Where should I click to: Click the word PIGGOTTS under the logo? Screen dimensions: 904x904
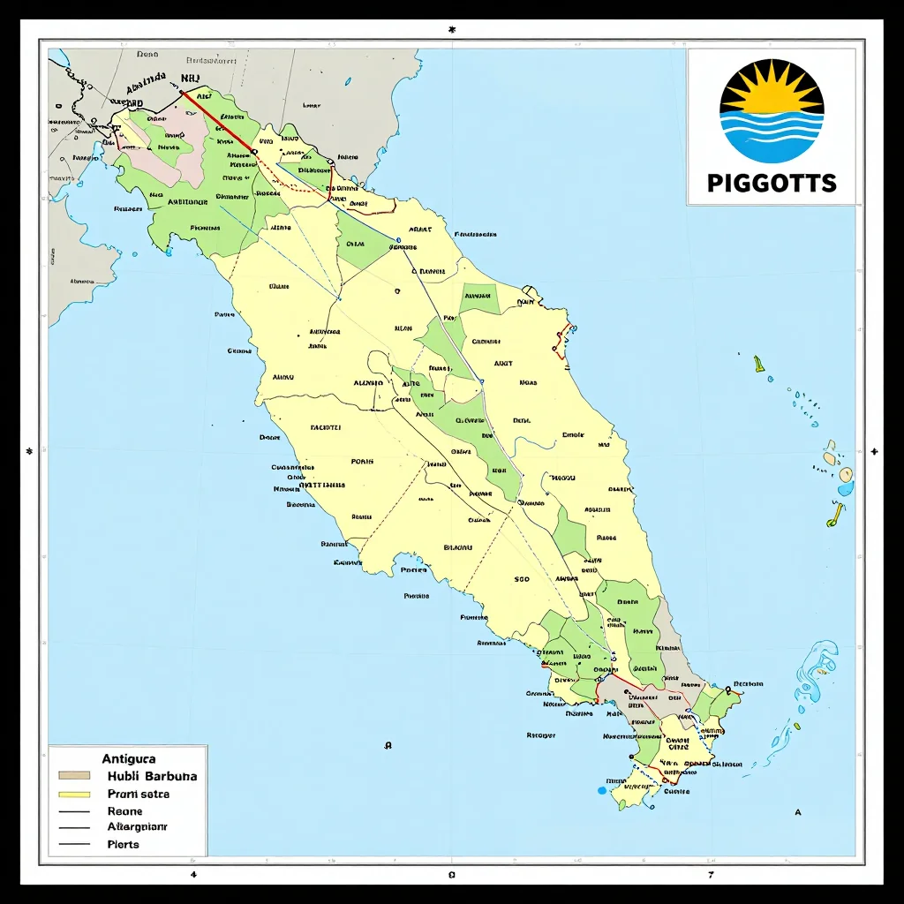772,183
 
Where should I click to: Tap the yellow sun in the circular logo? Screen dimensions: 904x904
772,89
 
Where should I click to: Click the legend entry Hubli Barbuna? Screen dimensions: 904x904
152,776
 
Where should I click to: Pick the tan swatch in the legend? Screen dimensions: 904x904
74,776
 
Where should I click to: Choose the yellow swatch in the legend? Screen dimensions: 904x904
74,794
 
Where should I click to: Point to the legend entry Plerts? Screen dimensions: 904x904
124,844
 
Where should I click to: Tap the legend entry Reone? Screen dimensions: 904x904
124,810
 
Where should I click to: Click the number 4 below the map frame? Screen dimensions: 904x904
193,875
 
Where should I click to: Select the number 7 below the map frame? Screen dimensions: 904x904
710,875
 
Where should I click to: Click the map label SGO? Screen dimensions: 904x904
521,580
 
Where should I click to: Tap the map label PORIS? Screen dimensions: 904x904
362,462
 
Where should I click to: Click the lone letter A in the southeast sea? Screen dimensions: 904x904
798,811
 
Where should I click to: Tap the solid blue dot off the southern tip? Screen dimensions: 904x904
603,789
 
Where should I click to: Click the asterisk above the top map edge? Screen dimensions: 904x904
452,29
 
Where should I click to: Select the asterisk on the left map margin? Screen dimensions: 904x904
30,451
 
